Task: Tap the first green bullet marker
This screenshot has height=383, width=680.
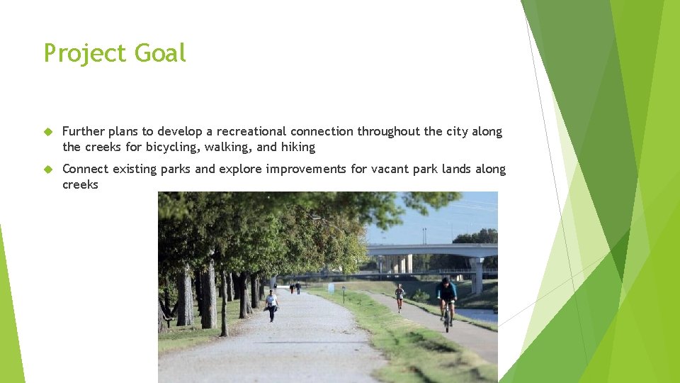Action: (x=48, y=132)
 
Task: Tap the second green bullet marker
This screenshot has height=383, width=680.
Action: (x=48, y=170)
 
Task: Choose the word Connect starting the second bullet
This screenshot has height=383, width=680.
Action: (x=84, y=169)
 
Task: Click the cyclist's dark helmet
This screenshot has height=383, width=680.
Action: (x=446, y=280)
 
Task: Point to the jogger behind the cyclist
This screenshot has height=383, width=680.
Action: (x=399, y=296)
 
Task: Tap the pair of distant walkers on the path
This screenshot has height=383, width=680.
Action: (x=295, y=287)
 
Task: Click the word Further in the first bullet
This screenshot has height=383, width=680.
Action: (x=84, y=131)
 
